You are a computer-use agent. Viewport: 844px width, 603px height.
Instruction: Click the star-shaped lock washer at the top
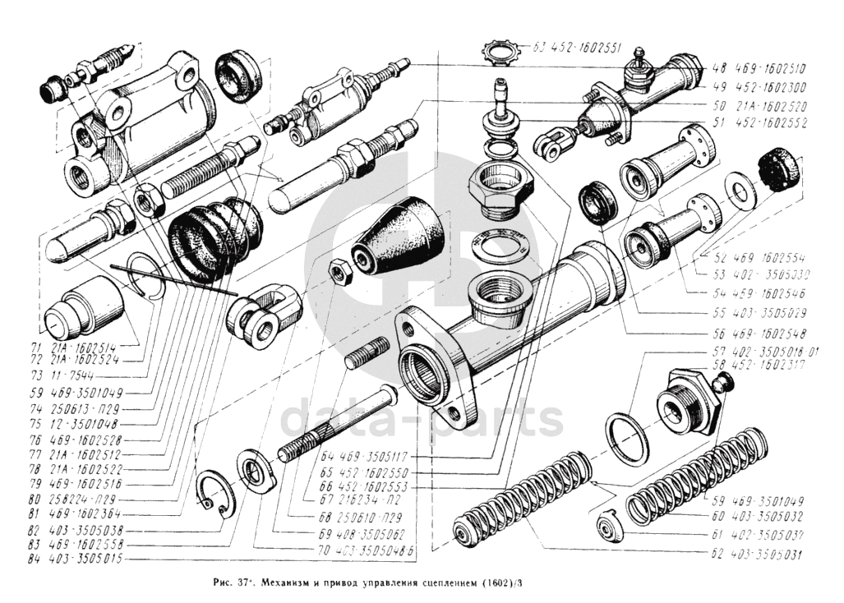501,53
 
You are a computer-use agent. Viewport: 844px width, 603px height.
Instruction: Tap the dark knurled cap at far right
778,170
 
